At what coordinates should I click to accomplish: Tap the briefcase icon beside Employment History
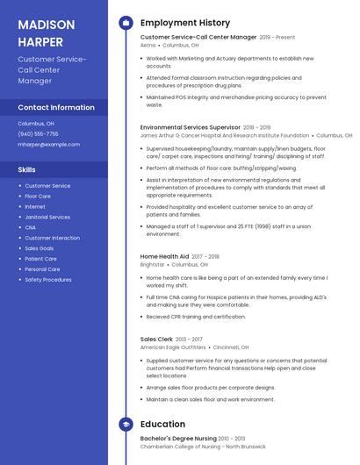pyautogui.click(x=126, y=23)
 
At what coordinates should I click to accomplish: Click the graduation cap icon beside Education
pyautogui.click(x=126, y=424)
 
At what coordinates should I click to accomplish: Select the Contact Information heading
pyautogui.click(x=56, y=107)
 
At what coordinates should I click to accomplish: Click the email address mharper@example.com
pyautogui.click(x=48, y=144)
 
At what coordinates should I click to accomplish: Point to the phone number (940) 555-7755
pyautogui.click(x=38, y=134)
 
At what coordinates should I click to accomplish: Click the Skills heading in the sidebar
pyautogui.click(x=27, y=169)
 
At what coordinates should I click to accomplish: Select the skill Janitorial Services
pyautogui.click(x=47, y=217)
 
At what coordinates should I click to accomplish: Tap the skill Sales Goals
pyautogui.click(x=40, y=248)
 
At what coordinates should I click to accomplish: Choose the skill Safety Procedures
pyautogui.click(x=48, y=280)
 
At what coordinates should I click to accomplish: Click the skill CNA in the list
pyautogui.click(x=31, y=227)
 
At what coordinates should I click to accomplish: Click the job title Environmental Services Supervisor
pyautogui.click(x=190, y=127)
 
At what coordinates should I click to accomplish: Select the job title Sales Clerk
pyautogui.click(x=155, y=339)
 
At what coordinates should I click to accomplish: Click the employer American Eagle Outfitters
pyautogui.click(x=172, y=347)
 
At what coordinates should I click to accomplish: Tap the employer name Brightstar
pyautogui.click(x=152, y=264)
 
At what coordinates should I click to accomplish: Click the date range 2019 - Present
pyautogui.click(x=277, y=38)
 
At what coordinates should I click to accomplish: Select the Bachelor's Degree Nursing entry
pyautogui.click(x=178, y=438)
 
